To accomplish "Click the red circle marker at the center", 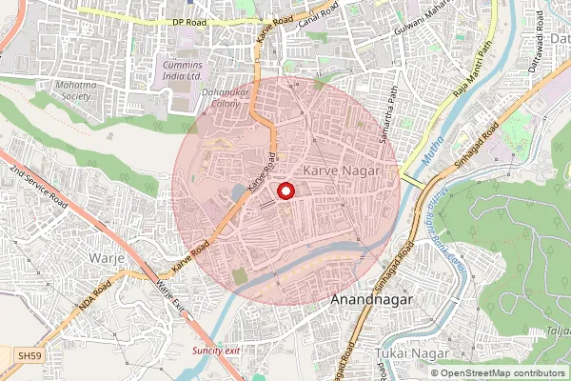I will (x=285, y=190).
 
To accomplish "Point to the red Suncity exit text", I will (x=217, y=351).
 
